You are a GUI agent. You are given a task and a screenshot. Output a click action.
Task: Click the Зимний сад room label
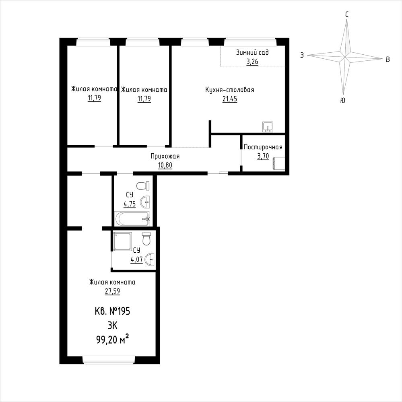[x=252, y=53]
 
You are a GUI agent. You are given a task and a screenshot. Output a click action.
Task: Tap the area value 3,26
[x=252, y=62]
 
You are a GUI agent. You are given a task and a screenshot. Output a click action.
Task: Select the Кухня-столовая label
[x=230, y=90]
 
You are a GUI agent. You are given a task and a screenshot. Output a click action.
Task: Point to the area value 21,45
[x=230, y=99]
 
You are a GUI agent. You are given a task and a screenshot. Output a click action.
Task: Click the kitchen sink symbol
[x=268, y=127]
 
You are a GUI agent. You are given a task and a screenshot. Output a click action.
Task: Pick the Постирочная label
[x=263, y=147]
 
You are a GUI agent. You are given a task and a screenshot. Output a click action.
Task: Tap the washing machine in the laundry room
[x=279, y=163]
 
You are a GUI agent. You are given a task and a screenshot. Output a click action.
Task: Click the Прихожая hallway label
[x=165, y=156]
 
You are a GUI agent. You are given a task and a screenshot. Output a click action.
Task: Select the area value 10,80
[x=165, y=165]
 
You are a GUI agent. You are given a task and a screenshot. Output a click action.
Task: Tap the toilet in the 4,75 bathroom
[x=143, y=186]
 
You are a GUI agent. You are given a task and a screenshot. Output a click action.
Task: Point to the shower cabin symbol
[x=123, y=241]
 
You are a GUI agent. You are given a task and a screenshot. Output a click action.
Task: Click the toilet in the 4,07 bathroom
[x=146, y=239]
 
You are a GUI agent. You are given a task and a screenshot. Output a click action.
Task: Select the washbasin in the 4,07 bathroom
[x=149, y=260]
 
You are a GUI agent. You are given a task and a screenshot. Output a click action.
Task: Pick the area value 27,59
[x=112, y=291]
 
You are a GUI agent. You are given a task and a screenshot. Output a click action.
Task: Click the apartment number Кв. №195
[x=112, y=311]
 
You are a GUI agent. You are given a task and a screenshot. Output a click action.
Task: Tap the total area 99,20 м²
[x=112, y=340]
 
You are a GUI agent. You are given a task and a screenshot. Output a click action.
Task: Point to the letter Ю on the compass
[x=342, y=100]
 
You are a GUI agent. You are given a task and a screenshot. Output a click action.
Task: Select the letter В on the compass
[x=388, y=60]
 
